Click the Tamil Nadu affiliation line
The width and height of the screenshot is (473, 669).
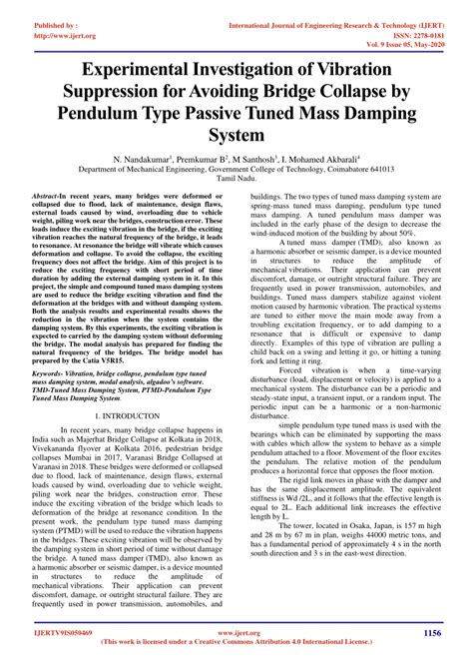(236, 180)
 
